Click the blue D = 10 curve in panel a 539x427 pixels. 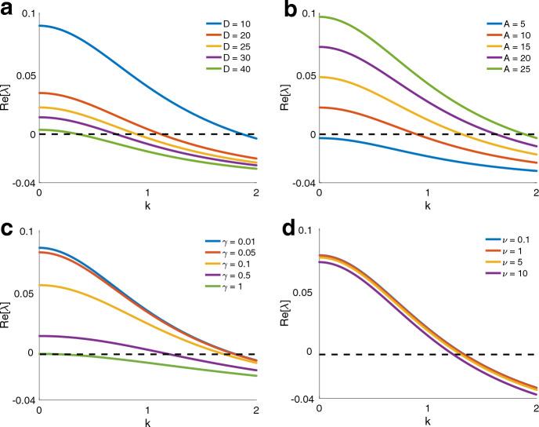pos(118,56)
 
